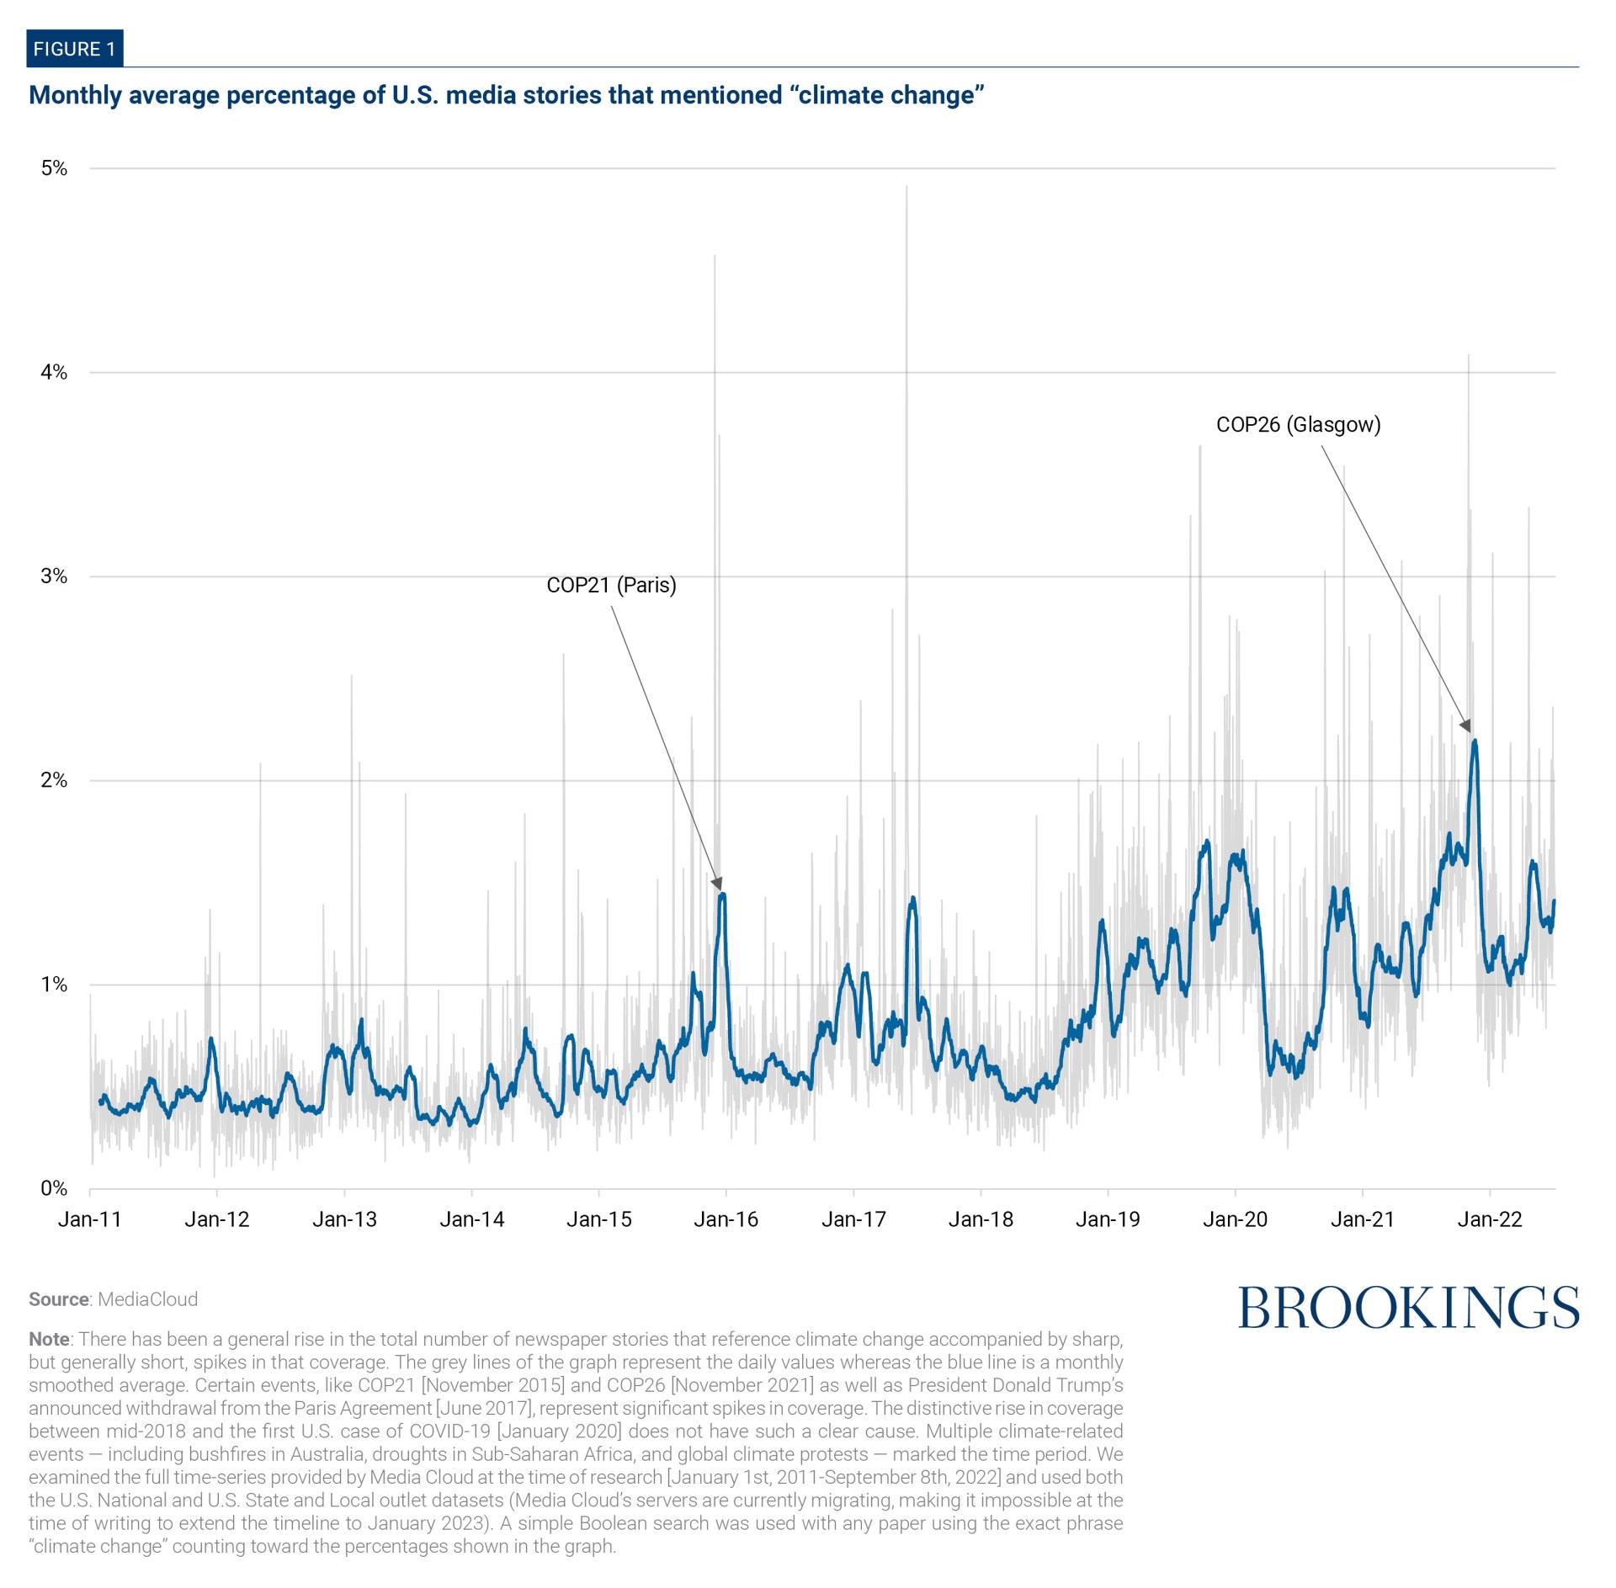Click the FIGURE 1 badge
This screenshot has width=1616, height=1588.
[74, 49]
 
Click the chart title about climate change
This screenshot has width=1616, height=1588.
[506, 95]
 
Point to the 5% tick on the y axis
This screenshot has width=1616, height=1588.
[54, 168]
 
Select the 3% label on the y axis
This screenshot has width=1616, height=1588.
[54, 576]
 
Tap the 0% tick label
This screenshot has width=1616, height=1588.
[54, 1188]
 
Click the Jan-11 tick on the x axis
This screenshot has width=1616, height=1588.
[89, 1219]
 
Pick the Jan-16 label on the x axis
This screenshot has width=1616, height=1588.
[726, 1219]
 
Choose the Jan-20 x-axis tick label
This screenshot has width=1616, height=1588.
[1235, 1219]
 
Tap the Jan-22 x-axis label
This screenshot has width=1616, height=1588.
[1490, 1219]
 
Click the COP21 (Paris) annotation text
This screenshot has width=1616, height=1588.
[611, 585]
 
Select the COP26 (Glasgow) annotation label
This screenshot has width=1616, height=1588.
[1298, 424]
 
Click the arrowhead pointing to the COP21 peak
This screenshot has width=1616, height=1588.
[717, 884]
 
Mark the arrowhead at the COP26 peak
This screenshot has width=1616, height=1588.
[1466, 726]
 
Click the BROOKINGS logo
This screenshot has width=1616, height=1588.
[1408, 1308]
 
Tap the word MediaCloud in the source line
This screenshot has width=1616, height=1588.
[148, 1299]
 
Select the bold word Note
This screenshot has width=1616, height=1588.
[49, 1339]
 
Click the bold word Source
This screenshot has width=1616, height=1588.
[59, 1299]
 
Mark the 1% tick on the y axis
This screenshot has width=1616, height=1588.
[54, 985]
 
